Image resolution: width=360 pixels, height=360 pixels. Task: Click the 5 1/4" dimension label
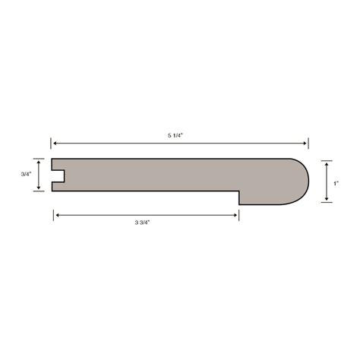pyautogui.click(x=179, y=135)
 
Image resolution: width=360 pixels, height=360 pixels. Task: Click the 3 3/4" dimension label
pyautogui.click(x=147, y=223)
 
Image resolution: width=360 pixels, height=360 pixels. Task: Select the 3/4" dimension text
pyautogui.click(x=25, y=175)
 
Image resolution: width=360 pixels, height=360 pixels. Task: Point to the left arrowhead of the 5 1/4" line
pyautogui.click(x=53, y=142)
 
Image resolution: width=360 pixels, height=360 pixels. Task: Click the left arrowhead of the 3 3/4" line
pyautogui.click(x=55, y=215)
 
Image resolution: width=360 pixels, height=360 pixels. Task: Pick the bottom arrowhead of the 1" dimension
pyautogui.click(x=326, y=201)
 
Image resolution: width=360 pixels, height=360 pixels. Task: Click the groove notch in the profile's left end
pyautogui.click(x=58, y=175)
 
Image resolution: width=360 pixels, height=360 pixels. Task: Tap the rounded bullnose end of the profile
pyautogui.click(x=301, y=182)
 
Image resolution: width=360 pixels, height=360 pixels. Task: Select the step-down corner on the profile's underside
pyautogui.click(x=239, y=191)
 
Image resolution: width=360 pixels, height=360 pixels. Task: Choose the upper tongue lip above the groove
pyautogui.click(x=58, y=164)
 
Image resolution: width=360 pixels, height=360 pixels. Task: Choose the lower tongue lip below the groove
pyautogui.click(x=58, y=186)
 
